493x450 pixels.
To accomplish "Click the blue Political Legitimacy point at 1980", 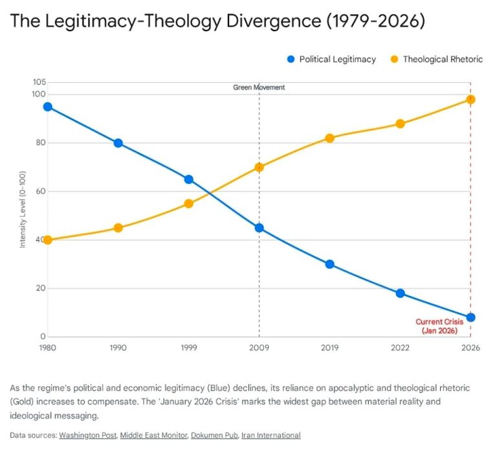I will point(47,107).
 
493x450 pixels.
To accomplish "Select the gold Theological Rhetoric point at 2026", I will point(470,100).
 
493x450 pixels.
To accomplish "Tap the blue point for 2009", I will point(259,228).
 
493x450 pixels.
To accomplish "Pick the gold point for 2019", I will point(329,138).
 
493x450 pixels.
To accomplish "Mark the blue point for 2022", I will point(400,293).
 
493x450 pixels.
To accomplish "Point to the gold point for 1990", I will point(118,228).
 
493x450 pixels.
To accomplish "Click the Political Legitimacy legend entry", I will point(331,60).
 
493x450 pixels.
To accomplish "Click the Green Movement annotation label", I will point(259,87).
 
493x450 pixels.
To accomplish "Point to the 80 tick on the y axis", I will point(40,143).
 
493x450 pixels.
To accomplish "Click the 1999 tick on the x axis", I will point(188,348).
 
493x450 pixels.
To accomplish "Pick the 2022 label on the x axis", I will point(400,348).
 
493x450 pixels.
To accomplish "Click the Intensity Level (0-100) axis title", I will point(23,209).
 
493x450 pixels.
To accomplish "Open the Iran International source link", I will point(270,435).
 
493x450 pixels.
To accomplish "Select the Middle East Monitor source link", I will point(153,435).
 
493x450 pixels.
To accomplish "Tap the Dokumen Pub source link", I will point(214,435).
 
